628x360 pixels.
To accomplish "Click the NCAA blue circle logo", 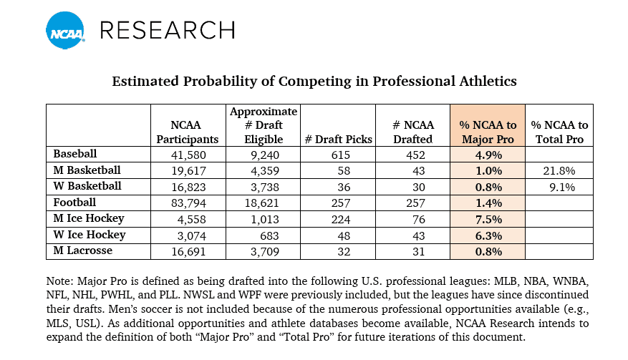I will tap(66, 30).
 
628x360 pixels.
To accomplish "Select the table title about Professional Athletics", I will tap(314, 82).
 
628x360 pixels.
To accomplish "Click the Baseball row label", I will tap(75, 153).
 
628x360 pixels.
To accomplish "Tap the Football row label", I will tap(76, 202).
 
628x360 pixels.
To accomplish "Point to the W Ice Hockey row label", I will tap(90, 235).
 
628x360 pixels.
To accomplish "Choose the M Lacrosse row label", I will tap(85, 250).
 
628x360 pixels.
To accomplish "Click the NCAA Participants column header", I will tap(188, 132).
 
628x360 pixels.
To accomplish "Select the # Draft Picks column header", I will tap(338, 140).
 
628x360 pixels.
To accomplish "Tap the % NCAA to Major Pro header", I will tap(487, 132).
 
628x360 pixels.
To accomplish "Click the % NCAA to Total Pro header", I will tap(560, 132).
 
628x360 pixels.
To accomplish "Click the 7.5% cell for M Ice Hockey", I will tap(487, 219).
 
